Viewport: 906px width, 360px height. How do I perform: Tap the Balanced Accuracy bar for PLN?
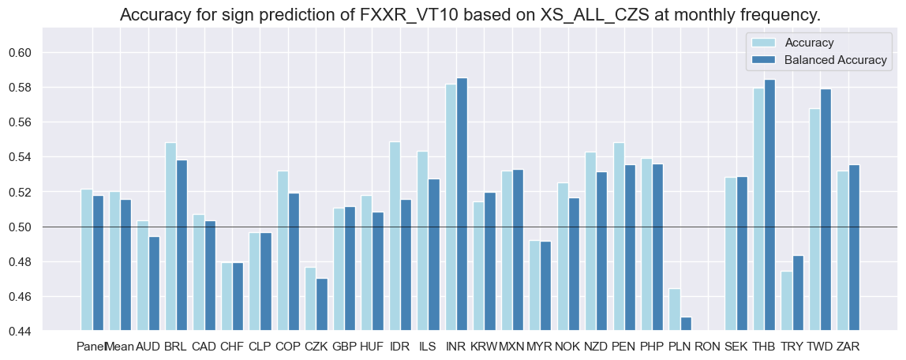pos(686,324)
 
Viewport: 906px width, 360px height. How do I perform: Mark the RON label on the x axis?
pos(708,346)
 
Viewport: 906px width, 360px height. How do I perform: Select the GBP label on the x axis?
pos(343,346)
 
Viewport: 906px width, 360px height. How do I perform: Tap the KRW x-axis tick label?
pos(483,346)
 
